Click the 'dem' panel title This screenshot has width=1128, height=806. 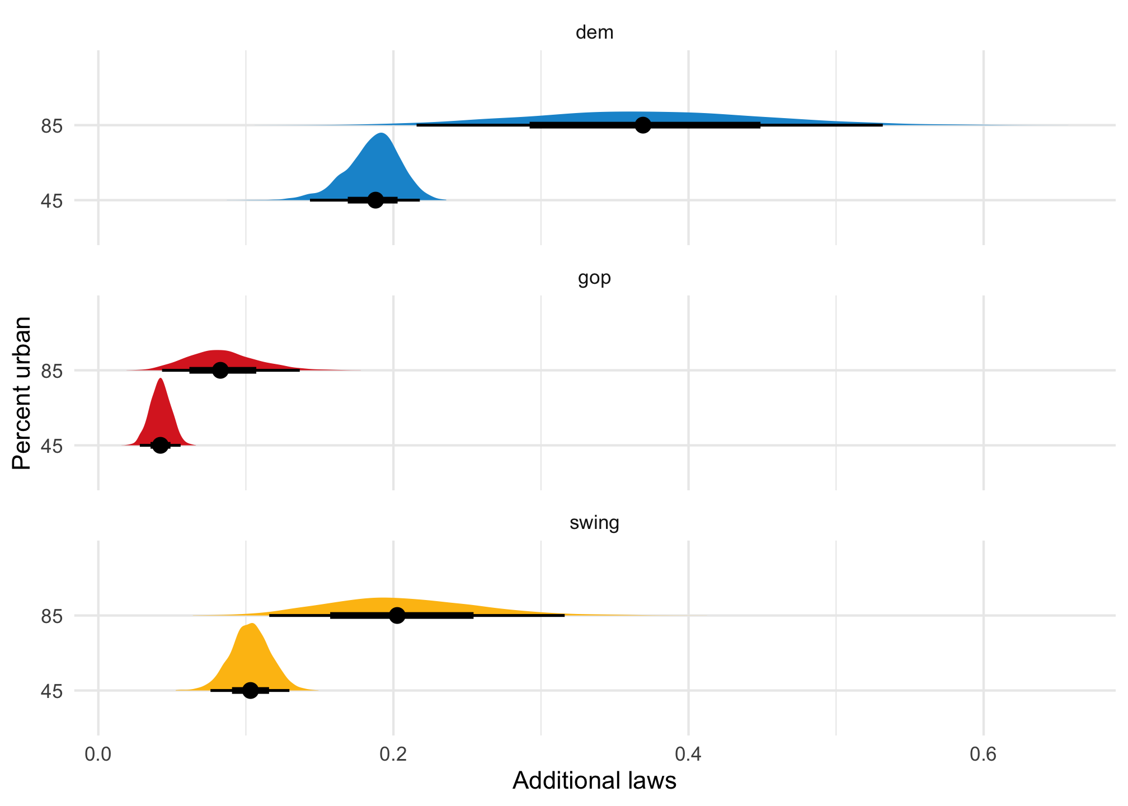tap(594, 33)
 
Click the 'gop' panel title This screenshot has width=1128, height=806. tap(594, 278)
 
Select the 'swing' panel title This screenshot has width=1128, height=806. tap(594, 523)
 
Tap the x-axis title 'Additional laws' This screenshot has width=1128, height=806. tap(594, 780)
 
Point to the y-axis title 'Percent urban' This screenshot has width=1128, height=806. tap(22, 393)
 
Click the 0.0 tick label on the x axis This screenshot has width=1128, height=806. tap(98, 755)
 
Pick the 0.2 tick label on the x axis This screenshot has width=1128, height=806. tap(393, 755)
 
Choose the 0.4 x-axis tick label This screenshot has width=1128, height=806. tap(688, 755)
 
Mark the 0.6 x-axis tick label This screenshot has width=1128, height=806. tap(983, 755)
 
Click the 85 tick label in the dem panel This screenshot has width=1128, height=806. tap(51, 126)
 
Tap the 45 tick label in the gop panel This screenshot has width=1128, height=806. tap(51, 446)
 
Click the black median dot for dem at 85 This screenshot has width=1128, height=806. tap(643, 125)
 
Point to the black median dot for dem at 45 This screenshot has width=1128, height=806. tap(375, 200)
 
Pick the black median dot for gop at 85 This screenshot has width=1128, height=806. tap(220, 370)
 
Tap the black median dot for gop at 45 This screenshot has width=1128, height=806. tap(161, 445)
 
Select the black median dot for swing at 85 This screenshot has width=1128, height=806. tap(397, 615)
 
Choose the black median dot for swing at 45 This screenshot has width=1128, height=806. tap(251, 690)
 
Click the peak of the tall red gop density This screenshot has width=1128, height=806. tap(161, 379)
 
